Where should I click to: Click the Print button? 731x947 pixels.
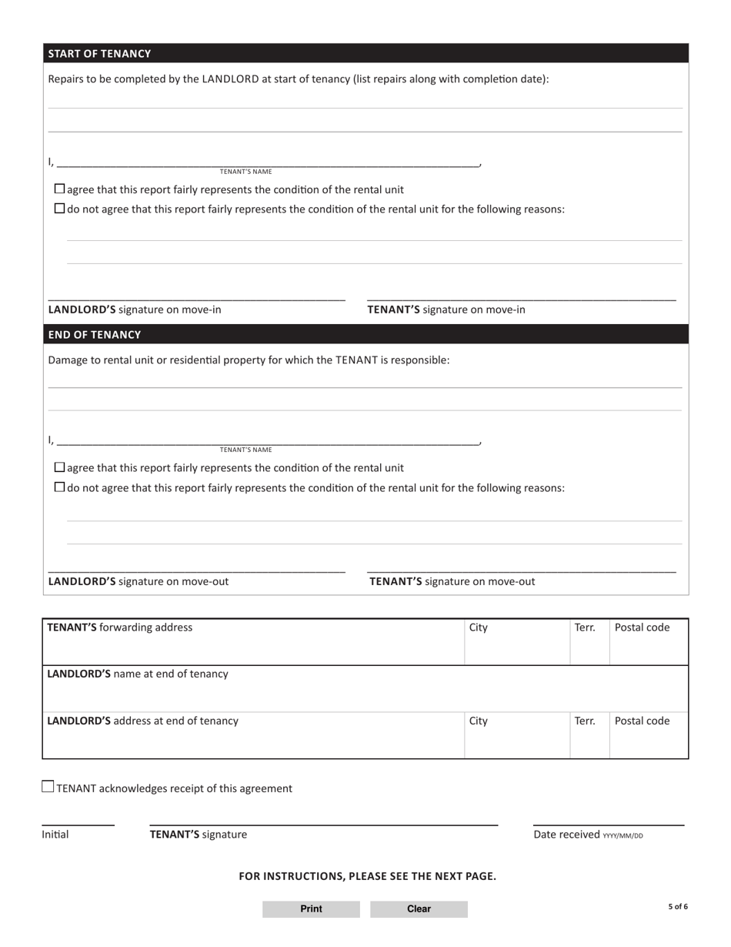coord(311,909)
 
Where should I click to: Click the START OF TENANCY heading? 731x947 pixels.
coord(99,54)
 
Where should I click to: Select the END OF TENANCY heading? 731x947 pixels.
coord(95,335)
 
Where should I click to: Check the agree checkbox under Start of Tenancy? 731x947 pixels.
coord(60,189)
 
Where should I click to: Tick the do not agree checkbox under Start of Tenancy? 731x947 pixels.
coord(60,209)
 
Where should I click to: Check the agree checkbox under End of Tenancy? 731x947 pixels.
coord(60,468)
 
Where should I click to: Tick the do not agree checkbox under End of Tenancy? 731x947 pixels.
coord(60,487)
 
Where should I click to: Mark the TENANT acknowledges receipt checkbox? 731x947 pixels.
coord(48,787)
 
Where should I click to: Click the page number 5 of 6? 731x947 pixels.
coord(677,907)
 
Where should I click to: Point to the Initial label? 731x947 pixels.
coord(55,835)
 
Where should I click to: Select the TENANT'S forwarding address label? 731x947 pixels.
coord(120,627)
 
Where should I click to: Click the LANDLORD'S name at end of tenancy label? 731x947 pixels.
coord(138,674)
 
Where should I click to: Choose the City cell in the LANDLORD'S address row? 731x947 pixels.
coord(479,721)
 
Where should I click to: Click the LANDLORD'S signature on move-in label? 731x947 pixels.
coord(135,310)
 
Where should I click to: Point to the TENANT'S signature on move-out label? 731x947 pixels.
coord(452,582)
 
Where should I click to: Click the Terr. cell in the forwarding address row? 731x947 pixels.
coord(585,627)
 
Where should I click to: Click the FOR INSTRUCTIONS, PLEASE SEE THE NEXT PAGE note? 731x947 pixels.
coord(367,876)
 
